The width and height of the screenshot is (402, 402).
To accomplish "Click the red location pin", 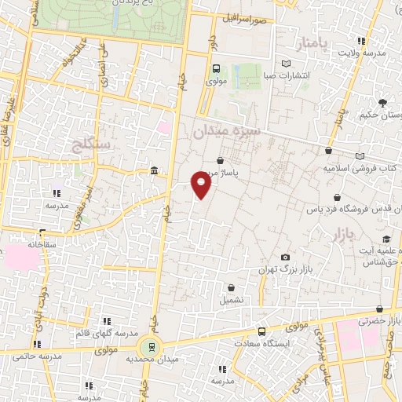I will pyautogui.click(x=202, y=185).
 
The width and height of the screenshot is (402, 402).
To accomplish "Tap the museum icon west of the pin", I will pyautogui.click(x=153, y=171).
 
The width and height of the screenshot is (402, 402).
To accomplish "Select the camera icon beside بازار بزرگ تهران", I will pyautogui.click(x=285, y=258).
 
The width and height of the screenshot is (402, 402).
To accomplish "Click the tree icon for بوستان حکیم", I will pyautogui.click(x=382, y=103).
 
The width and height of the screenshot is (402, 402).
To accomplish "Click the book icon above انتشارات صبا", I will pyautogui.click(x=285, y=64).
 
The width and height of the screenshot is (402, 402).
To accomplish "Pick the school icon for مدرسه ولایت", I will pyautogui.click(x=361, y=41).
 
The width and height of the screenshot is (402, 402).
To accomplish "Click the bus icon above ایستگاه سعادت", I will pyautogui.click(x=261, y=331).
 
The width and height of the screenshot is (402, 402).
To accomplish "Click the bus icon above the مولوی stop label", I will pyautogui.click(x=217, y=68).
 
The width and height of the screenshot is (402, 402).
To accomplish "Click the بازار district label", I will pyautogui.click(x=345, y=236).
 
